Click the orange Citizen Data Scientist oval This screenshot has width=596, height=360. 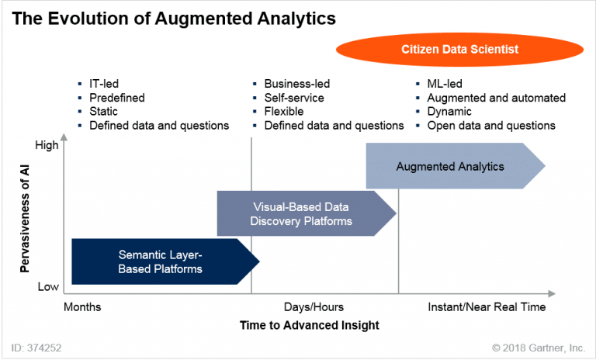click(x=460, y=49)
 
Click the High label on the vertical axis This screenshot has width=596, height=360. click(x=47, y=144)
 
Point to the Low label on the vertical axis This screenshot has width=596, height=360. click(x=48, y=286)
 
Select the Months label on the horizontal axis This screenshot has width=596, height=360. click(x=82, y=307)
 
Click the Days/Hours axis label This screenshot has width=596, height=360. click(x=314, y=307)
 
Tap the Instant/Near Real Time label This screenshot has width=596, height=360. click(x=487, y=307)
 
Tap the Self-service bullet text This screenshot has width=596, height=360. click(x=294, y=98)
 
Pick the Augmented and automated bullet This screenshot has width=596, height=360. click(x=496, y=98)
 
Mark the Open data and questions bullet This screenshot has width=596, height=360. click(x=491, y=126)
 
